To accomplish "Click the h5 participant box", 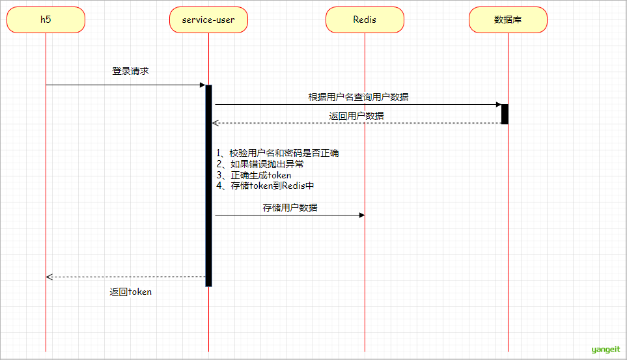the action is pos(46,20).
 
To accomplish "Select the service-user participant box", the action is pos(208,20).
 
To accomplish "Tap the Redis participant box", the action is pos(365,20).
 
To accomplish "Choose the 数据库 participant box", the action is pos(508,20).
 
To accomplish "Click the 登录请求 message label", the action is pos(130,71).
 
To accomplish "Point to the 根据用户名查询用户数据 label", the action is pos(358,97).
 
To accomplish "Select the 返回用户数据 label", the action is pos(356,116).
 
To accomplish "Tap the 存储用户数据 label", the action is pos(290,208).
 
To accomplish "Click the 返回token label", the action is pos(130,292).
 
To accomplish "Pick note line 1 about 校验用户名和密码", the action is pos(277,153).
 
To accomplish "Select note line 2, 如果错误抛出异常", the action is pos(260,164).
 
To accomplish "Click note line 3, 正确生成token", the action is pos(253,175).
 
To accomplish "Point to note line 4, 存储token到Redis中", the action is pos(265,186).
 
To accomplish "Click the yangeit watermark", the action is pos(606,350).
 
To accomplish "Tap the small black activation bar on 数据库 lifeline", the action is pos(505,115).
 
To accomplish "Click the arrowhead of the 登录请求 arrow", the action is pos(202,85).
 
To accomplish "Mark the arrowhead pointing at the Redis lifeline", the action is pos(362,215).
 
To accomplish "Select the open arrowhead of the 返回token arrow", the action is pos(49,277).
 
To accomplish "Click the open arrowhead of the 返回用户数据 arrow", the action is pos(216,123).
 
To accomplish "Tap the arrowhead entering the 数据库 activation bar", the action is pos(499,104).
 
